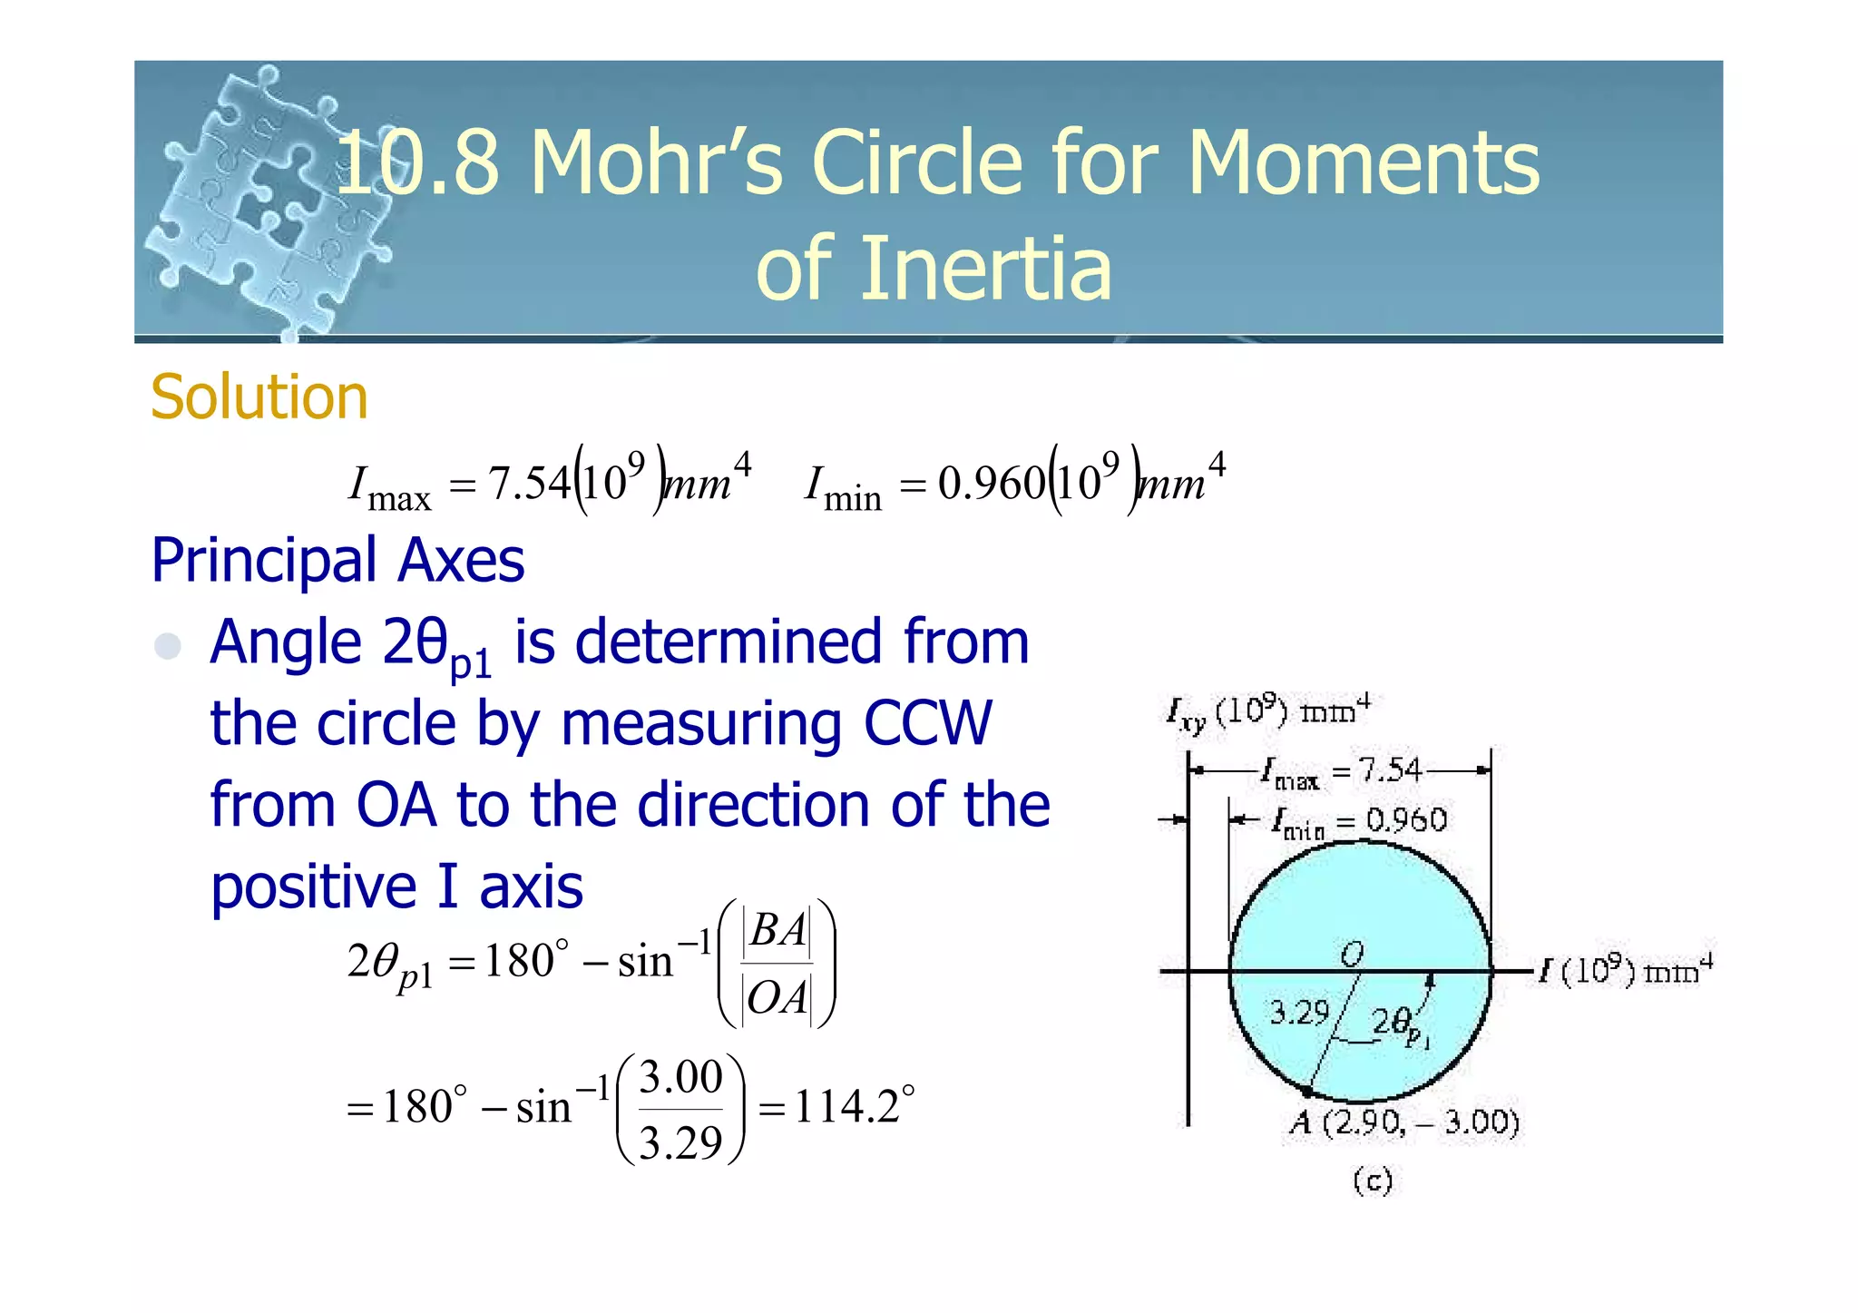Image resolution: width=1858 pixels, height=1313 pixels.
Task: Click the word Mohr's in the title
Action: coord(655,163)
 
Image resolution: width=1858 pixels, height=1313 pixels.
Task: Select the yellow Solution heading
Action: coord(259,397)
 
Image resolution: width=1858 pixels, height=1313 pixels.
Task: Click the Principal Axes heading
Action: coord(337,560)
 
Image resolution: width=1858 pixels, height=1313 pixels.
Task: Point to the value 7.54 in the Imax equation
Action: coord(529,483)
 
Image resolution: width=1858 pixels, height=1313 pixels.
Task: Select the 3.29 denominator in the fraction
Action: coord(680,1142)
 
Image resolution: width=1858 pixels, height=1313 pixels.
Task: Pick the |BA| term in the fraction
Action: coord(777,930)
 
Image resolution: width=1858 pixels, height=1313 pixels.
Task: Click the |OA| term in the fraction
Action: coord(777,998)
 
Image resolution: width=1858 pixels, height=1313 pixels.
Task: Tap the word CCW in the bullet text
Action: coord(927,724)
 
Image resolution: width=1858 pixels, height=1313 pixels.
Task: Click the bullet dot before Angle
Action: coord(168,646)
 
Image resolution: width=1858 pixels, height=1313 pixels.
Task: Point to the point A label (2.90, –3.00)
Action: coord(1404,1123)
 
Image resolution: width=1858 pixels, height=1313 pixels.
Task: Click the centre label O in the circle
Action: coord(1352,953)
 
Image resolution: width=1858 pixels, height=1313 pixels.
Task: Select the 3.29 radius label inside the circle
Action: coord(1298,1012)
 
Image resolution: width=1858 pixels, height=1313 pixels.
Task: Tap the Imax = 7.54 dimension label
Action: coord(1341,772)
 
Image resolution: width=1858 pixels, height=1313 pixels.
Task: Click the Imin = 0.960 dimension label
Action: coord(1358,822)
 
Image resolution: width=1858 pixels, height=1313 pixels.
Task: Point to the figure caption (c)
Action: coord(1372,1181)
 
